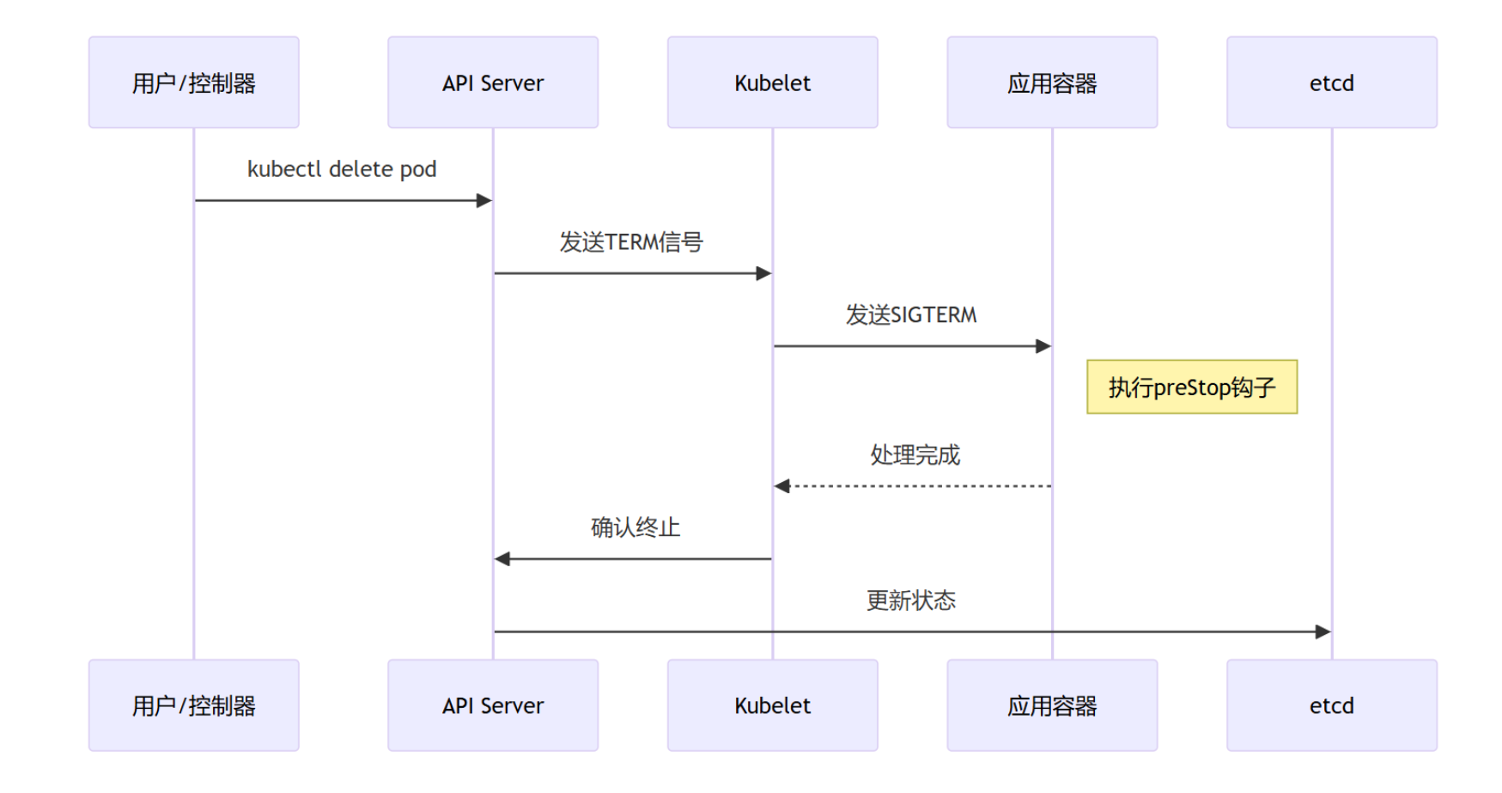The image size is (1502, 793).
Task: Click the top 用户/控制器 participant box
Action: (x=194, y=82)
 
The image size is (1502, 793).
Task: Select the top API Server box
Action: (x=493, y=82)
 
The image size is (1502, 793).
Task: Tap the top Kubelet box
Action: (x=773, y=82)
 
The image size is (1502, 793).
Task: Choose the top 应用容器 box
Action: (x=1052, y=82)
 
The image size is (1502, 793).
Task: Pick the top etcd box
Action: (x=1332, y=82)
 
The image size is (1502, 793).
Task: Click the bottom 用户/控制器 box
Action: (x=194, y=705)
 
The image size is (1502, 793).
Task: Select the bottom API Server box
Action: (x=493, y=705)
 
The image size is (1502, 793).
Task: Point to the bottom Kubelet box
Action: (x=773, y=705)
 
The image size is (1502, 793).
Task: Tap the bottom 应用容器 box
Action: (x=1052, y=705)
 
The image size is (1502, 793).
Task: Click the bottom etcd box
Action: (x=1332, y=705)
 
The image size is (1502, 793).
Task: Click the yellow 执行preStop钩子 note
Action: (x=1192, y=387)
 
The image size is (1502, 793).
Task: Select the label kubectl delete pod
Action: (x=342, y=169)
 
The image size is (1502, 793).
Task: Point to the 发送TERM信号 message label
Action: (x=631, y=242)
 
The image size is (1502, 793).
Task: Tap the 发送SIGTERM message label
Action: (x=911, y=315)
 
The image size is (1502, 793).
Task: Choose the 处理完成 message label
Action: (x=915, y=454)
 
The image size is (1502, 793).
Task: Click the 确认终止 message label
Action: (x=635, y=528)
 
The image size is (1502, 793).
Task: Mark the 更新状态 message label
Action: (x=911, y=601)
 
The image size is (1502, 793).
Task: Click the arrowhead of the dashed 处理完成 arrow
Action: (x=781, y=486)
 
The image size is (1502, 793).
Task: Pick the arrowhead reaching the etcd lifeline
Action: (x=1323, y=631)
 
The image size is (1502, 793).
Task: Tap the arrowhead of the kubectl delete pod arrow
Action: (x=484, y=200)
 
